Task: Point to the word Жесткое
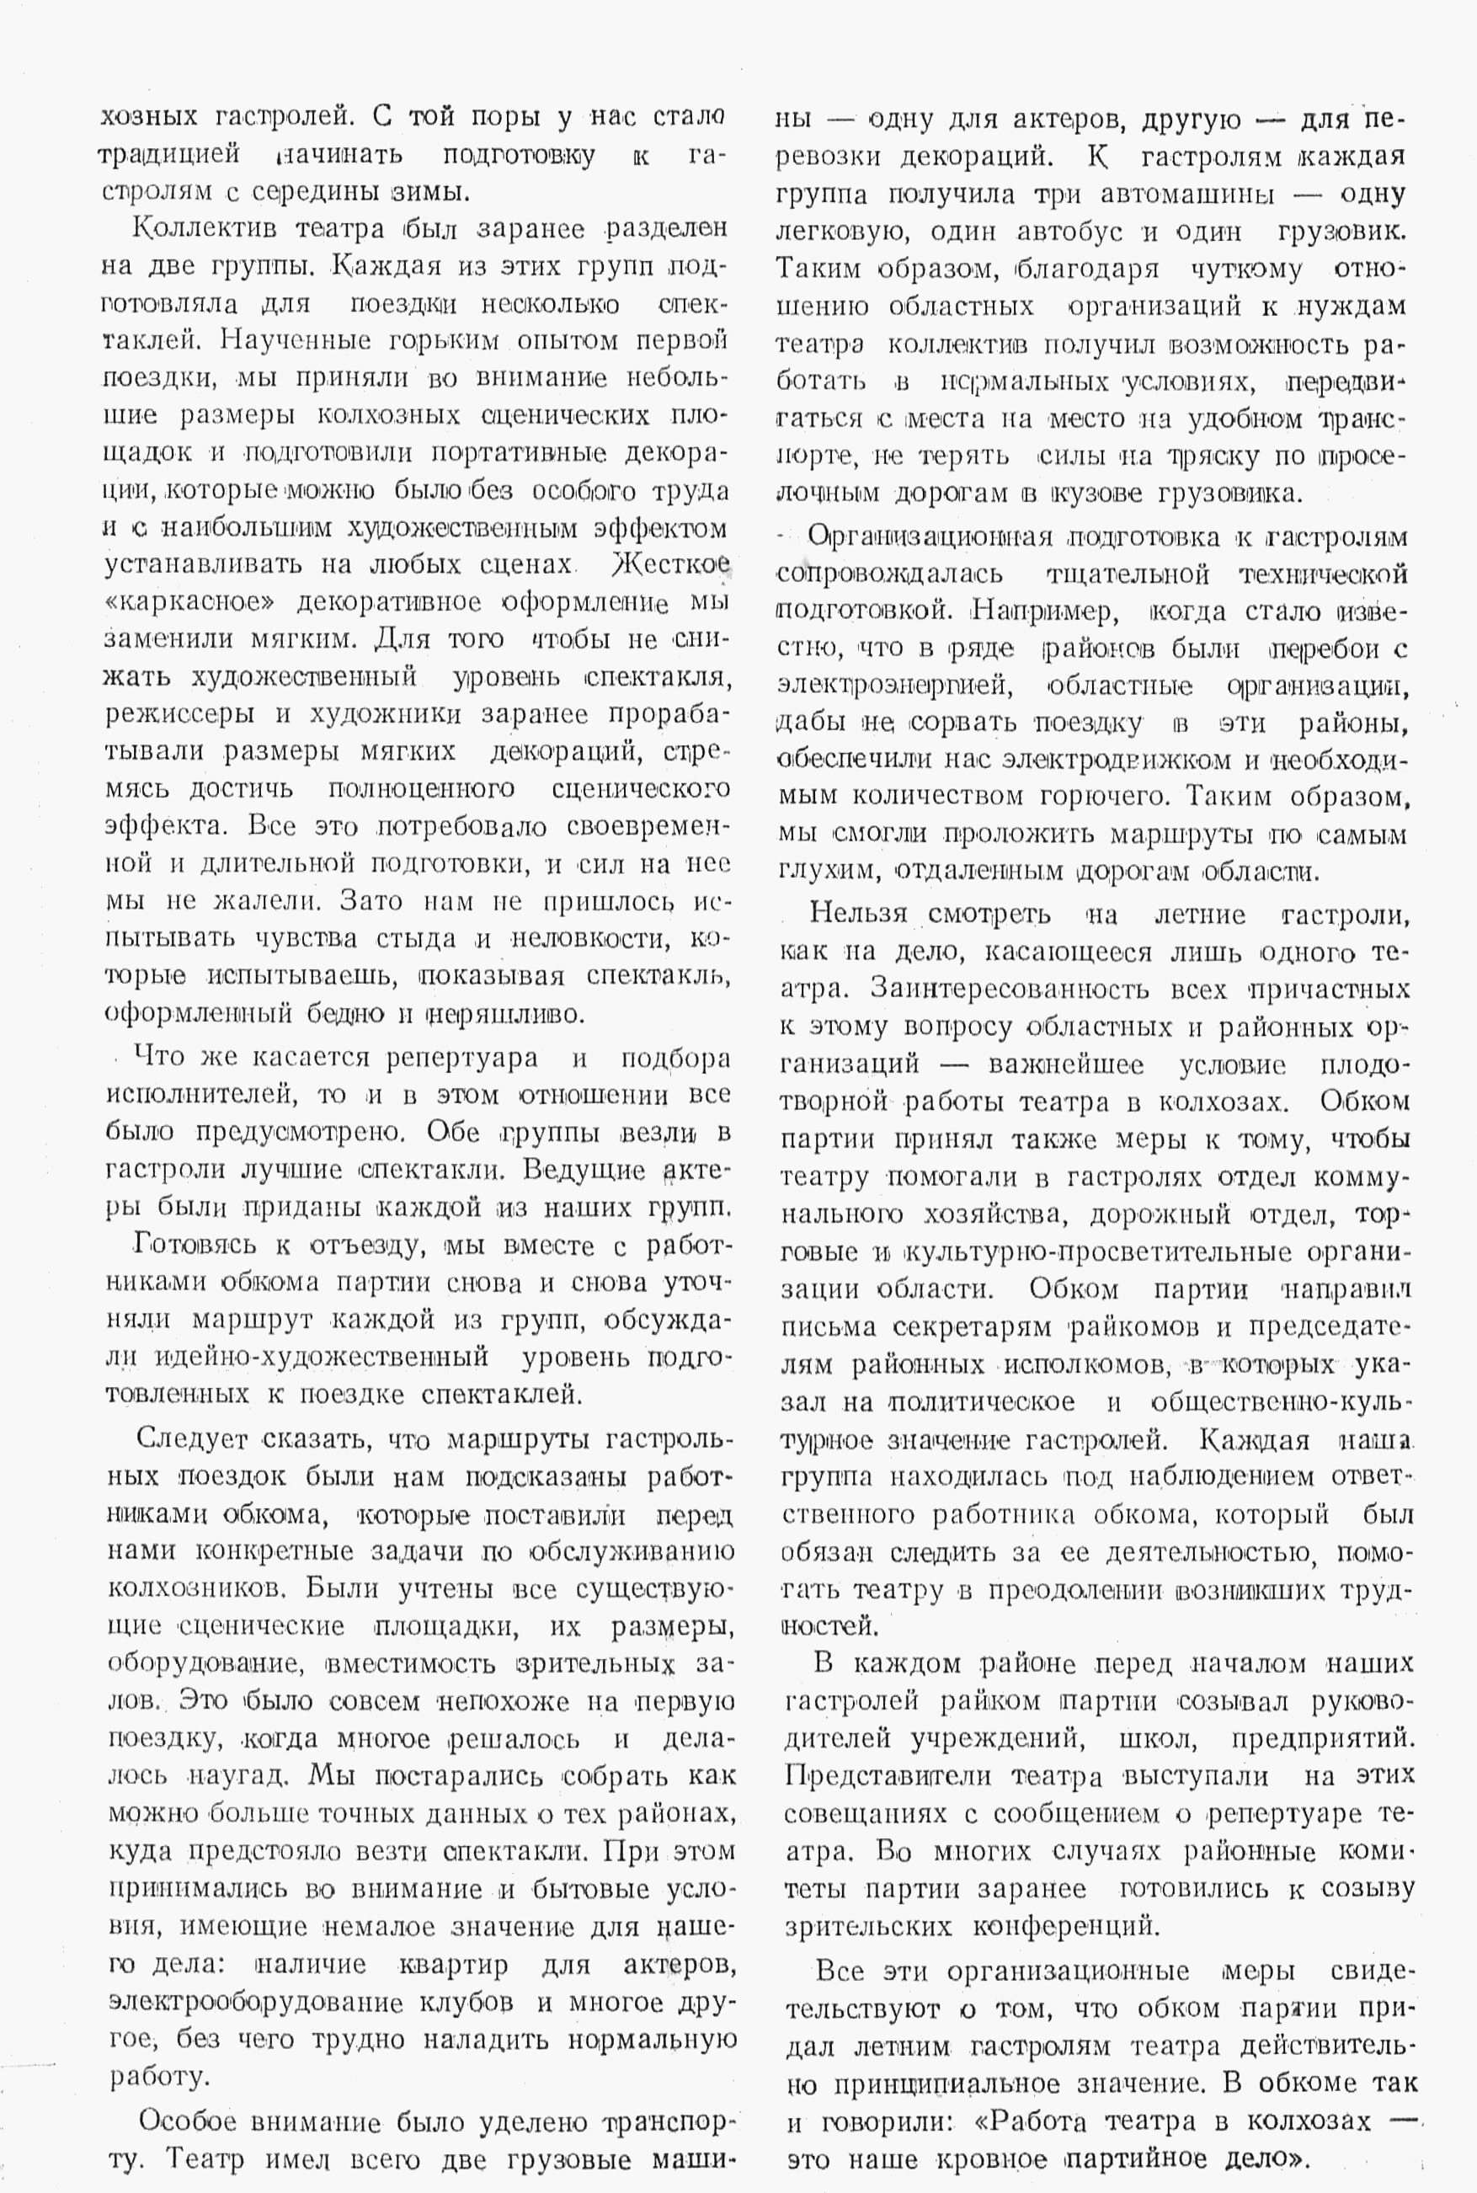pyautogui.click(x=669, y=565)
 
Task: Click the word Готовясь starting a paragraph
pyautogui.click(x=195, y=1246)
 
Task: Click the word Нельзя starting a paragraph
pyautogui.click(x=858, y=914)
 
